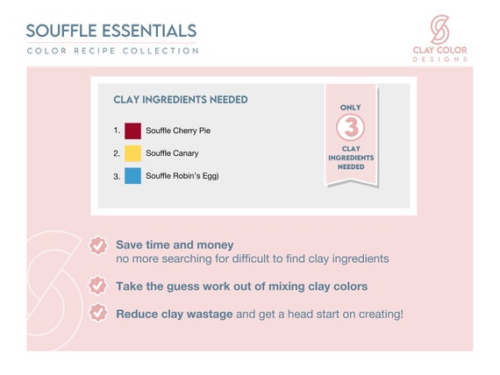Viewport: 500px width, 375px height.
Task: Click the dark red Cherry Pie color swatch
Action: tap(132, 131)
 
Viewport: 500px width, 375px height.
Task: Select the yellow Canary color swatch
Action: tap(132, 153)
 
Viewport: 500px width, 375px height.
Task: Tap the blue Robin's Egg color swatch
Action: tap(132, 176)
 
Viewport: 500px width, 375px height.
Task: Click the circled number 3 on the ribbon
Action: tap(351, 127)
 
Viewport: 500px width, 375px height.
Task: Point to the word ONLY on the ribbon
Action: tap(351, 108)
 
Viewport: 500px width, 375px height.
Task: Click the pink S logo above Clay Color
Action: tap(439, 29)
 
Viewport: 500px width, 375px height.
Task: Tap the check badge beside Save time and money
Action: tap(97, 246)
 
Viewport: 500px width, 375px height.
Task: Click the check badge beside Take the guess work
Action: tap(97, 286)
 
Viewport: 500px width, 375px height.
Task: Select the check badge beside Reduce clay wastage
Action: tap(97, 313)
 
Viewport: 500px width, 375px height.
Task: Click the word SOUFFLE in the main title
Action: tap(61, 31)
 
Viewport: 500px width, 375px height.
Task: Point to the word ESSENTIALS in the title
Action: tap(149, 31)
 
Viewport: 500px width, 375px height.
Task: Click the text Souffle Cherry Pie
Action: tap(178, 131)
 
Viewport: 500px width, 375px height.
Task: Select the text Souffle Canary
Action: tap(172, 153)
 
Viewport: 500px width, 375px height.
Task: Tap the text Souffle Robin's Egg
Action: tap(182, 176)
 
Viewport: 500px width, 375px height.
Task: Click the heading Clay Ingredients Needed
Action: tap(181, 100)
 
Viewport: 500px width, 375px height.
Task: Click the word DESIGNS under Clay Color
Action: tap(440, 60)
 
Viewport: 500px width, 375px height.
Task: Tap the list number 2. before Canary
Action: tap(117, 153)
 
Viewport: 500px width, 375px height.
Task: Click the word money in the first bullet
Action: tap(215, 245)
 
